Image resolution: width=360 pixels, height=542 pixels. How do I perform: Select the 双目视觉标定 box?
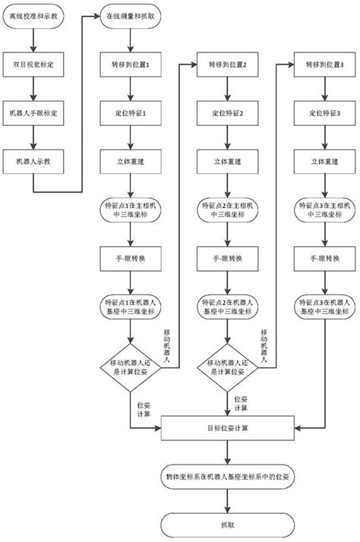(x=34, y=65)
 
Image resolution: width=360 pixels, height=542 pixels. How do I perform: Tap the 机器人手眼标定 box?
(x=34, y=112)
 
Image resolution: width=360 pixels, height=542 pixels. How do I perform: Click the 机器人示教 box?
(x=34, y=160)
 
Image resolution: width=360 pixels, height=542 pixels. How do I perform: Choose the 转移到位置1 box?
(x=130, y=65)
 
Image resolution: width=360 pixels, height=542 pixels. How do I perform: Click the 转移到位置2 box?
(x=229, y=65)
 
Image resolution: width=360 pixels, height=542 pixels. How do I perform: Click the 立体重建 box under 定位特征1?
(x=130, y=160)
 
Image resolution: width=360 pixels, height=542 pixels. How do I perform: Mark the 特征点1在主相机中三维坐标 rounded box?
(x=130, y=209)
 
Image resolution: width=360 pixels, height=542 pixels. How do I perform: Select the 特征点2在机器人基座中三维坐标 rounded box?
(x=229, y=307)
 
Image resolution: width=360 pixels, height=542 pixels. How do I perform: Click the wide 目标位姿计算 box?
(x=229, y=428)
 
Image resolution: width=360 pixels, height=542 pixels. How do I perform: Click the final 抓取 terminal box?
(x=229, y=524)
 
